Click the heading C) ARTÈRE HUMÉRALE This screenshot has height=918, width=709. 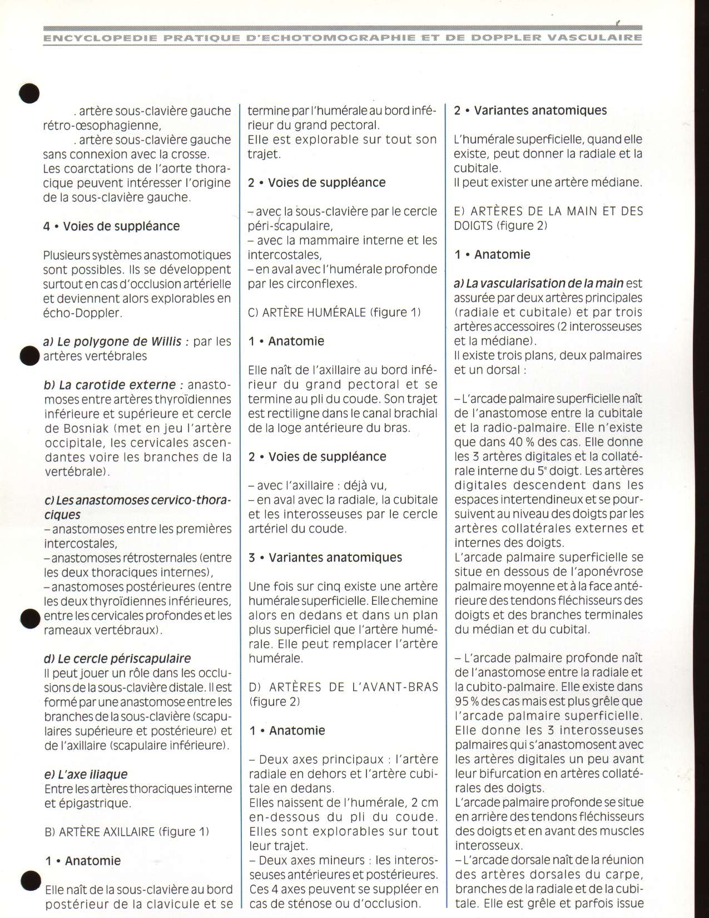pos(334,312)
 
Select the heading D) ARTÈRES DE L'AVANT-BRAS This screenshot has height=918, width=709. pos(343,687)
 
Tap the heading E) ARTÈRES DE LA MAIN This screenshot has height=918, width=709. pos(548,211)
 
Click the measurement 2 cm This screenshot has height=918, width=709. pos(424,802)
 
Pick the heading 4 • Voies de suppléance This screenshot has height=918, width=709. pos(111,226)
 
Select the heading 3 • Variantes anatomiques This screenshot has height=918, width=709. pos(325,557)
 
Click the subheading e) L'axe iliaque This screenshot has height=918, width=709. pos(86,774)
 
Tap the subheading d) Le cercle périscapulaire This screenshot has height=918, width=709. pos(117,659)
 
